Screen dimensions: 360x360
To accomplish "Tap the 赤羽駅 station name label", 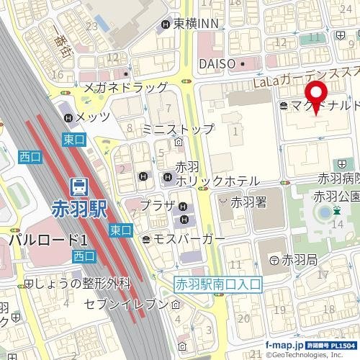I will point(79,210).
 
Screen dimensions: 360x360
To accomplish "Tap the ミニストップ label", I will point(178,130).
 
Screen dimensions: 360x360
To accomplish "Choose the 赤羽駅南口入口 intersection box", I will point(219,284).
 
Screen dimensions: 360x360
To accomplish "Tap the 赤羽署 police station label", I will point(248,202).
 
